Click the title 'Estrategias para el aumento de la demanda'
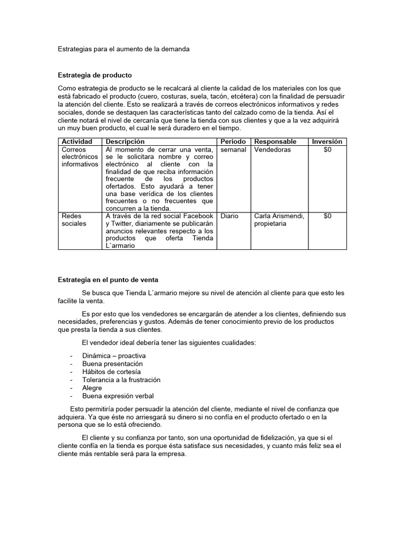pyautogui.click(x=123, y=49)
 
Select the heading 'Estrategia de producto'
pyautogui.click(x=94, y=75)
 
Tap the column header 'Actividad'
pyautogui.click(x=77, y=142)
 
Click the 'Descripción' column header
pyautogui.click(x=126, y=142)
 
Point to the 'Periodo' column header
pyautogui.click(x=233, y=142)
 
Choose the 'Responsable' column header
pyautogui.click(x=275, y=142)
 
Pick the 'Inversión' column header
pyautogui.click(x=327, y=142)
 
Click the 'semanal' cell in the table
pyautogui.click(x=233, y=150)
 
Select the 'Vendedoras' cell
pyautogui.click(x=272, y=150)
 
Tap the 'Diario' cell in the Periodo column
pyautogui.click(x=229, y=216)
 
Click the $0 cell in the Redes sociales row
pyautogui.click(x=327, y=216)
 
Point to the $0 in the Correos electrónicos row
pyautogui.click(x=327, y=150)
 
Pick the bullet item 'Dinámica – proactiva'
pyautogui.click(x=114, y=356)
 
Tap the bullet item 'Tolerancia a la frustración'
pyautogui.click(x=121, y=380)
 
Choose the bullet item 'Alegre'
pyautogui.click(x=92, y=388)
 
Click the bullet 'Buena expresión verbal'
pyautogui.click(x=118, y=396)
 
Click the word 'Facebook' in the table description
pyautogui.click(x=198, y=216)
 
